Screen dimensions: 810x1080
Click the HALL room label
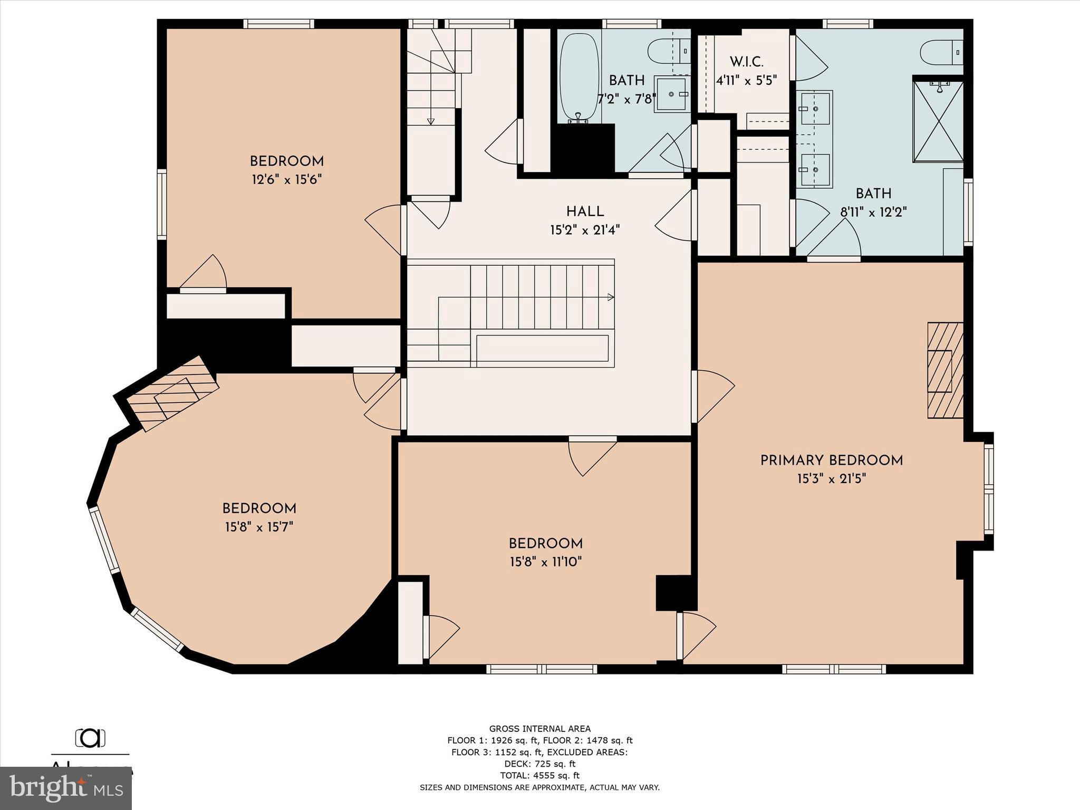point(585,211)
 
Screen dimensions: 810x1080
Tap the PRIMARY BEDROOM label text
point(831,460)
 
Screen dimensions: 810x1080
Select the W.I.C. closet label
point(747,62)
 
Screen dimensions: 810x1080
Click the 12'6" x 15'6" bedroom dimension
point(286,180)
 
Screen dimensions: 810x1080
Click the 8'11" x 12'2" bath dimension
point(873,212)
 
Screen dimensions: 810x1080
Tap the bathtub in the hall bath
point(579,76)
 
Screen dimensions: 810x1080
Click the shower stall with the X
point(938,121)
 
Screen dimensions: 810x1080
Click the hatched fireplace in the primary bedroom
point(944,370)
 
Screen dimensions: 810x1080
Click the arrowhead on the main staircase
point(611,297)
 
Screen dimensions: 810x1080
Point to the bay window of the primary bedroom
point(988,490)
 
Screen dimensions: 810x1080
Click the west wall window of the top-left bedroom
point(162,204)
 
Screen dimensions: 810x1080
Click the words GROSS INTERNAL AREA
point(539,729)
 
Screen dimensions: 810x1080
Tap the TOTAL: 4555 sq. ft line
point(539,775)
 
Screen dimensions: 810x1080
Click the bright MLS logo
point(66,788)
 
